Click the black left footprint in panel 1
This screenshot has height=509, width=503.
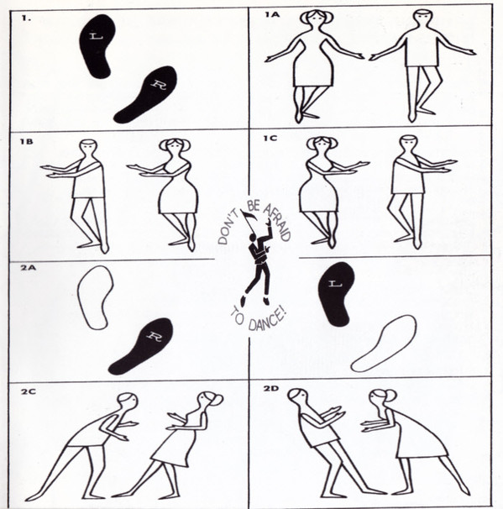[97, 46]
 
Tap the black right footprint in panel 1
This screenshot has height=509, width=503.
[146, 94]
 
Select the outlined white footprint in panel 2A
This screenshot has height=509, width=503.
[95, 297]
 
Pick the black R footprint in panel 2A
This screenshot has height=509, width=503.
[141, 345]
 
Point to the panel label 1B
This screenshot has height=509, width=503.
[26, 142]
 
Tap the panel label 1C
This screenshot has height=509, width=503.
[270, 139]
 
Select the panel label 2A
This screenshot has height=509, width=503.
[28, 268]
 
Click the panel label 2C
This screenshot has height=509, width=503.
[29, 391]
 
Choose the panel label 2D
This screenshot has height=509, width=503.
[271, 388]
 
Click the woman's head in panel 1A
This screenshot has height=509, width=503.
[316, 18]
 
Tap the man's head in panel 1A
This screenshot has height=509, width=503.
[423, 19]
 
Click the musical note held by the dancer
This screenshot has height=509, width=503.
[249, 218]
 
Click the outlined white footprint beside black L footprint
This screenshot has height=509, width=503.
[385, 344]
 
